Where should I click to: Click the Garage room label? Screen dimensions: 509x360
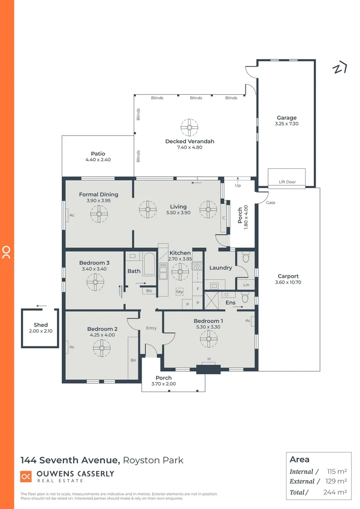point(286,118)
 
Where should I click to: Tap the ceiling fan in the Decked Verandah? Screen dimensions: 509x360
point(189,127)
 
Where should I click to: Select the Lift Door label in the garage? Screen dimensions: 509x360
point(287,182)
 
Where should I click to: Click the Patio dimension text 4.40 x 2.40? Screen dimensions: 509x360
point(98,160)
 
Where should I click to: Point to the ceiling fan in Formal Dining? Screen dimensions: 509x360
point(99,214)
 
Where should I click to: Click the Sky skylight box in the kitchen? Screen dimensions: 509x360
point(180,292)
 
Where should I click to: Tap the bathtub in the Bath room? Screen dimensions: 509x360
point(149,264)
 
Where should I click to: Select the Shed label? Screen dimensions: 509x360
point(41,325)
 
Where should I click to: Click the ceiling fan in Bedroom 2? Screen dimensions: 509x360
point(101,348)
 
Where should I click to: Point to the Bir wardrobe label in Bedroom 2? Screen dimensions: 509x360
point(133,360)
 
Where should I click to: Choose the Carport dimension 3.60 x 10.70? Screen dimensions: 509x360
point(287,282)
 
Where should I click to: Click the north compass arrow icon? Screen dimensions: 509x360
point(340,68)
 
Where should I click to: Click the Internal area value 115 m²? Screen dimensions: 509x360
point(336,471)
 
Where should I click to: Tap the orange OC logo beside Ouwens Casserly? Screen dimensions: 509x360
point(26,476)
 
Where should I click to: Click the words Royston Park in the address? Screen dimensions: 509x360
point(154,460)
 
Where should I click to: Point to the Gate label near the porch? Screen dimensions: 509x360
point(270,203)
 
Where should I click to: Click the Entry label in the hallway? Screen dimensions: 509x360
point(151,328)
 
